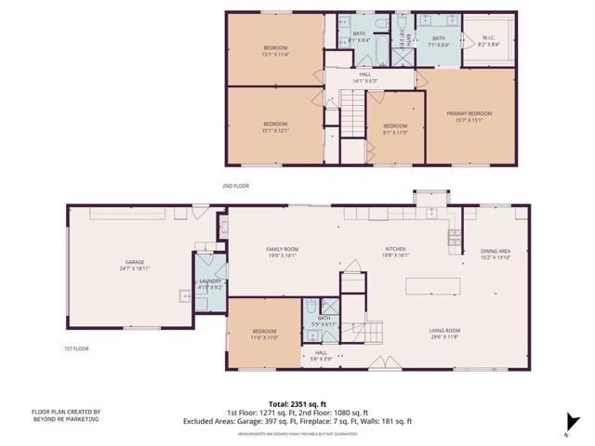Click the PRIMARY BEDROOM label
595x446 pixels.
pos(474,114)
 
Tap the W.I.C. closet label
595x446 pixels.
pos(488,39)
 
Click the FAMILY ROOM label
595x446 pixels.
pos(283,249)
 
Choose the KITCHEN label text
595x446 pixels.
pos(396,249)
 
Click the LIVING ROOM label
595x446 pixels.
pos(445,331)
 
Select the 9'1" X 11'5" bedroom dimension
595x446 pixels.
pos(395,132)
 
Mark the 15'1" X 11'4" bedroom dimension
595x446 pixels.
pos(274,54)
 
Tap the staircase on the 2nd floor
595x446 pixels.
pos(352,111)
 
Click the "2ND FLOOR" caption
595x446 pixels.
pos(236,186)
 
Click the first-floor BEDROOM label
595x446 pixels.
pos(264,331)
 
